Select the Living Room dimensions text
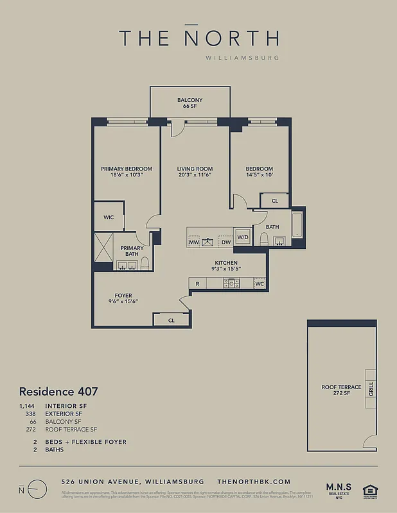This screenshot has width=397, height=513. pos(195,174)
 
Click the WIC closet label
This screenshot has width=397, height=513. pos(109,217)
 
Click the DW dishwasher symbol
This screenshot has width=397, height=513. pos(225,242)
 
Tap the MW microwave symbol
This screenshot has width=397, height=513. pos(194,242)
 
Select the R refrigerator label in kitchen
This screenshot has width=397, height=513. pos(197,283)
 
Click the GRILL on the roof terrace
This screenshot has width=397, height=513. pos(371,388)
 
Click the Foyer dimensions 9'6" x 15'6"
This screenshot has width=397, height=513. pos(123,301)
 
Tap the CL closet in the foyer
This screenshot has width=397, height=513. pos(172,319)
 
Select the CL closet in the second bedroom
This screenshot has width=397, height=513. pos(274,201)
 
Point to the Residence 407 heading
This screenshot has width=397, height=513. pos(58,391)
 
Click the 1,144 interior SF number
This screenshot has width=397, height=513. pos(27,406)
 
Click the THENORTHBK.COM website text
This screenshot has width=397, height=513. pos(254,481)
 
